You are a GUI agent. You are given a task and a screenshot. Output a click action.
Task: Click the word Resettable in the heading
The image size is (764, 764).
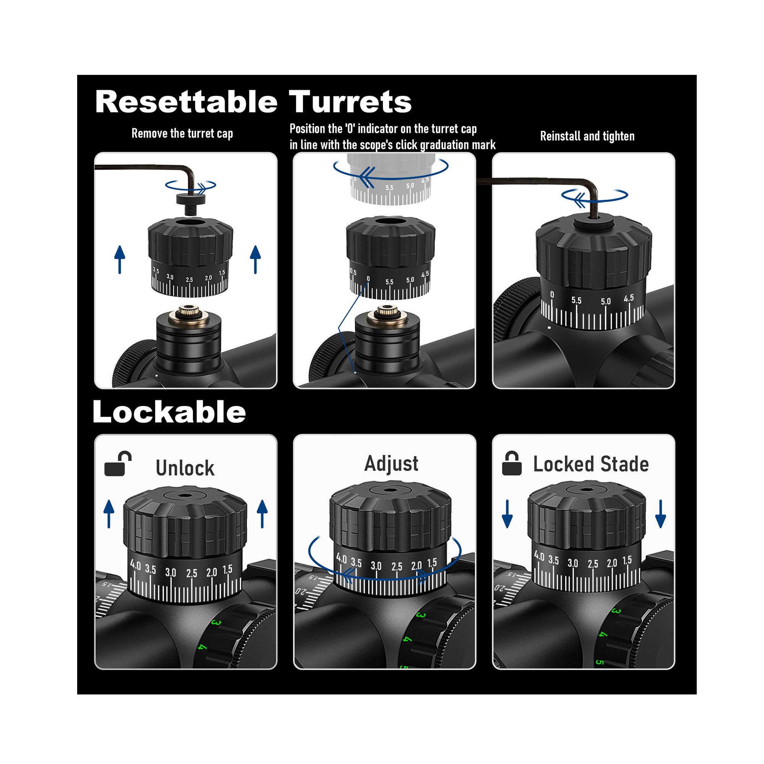[x=186, y=102]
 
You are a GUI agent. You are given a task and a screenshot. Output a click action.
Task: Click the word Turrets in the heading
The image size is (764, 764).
[x=350, y=102]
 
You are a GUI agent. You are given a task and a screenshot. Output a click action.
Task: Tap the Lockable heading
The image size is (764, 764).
[x=169, y=412]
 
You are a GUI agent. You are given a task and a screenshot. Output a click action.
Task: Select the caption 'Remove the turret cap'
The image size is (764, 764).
[x=182, y=134]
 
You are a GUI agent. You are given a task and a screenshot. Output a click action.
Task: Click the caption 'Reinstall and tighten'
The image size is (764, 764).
[x=587, y=136]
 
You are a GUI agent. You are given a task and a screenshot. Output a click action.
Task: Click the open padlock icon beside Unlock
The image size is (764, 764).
[x=117, y=463]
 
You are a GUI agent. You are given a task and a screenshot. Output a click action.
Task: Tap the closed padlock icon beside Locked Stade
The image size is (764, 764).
[x=511, y=463]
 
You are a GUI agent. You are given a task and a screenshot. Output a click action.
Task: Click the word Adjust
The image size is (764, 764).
[x=391, y=463]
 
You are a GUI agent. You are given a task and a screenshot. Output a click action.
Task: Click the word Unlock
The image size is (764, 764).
[x=185, y=468]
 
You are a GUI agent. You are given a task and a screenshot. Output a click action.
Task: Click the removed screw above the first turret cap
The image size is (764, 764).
[x=191, y=202]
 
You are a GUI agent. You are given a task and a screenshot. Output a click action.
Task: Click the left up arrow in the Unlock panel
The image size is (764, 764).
[x=109, y=514]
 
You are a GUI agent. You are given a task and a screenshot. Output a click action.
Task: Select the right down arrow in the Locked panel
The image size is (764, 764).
[x=660, y=514]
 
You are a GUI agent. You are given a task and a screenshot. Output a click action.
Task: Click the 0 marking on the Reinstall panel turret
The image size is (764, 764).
[x=552, y=295]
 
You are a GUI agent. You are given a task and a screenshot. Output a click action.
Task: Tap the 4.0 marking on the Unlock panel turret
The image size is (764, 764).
[x=135, y=565]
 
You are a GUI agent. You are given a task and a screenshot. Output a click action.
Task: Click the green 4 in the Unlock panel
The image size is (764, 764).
[x=202, y=647]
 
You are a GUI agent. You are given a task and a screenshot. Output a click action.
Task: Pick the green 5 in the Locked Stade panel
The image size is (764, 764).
[x=599, y=662]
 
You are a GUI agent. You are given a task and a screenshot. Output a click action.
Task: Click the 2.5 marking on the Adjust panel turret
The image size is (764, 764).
[x=397, y=567]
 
